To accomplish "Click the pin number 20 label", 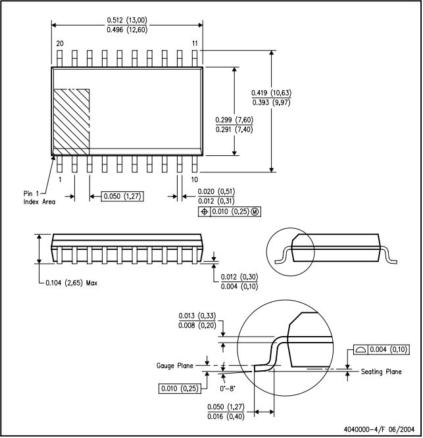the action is click(60, 43).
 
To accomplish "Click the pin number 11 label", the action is click(195, 43).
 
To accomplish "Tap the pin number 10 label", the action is click(195, 180).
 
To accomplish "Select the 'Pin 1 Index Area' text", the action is click(39, 197).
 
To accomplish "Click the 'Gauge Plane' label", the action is click(174, 366).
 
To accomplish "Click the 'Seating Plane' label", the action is click(381, 372).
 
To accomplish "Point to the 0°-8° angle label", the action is click(228, 389).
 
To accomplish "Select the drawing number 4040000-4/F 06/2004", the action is click(379, 429).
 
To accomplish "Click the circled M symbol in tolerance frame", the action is click(255, 212).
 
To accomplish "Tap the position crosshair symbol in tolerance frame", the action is click(204, 212).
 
